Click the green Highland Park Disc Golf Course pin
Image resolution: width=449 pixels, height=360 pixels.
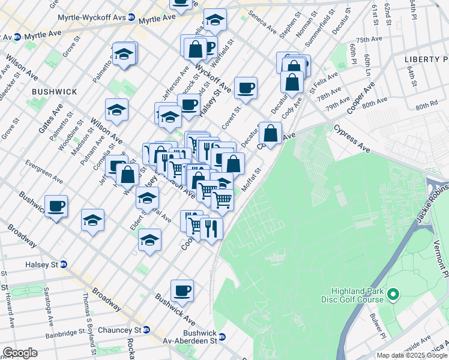click(x=393, y=294)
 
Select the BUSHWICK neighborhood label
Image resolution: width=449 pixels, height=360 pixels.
click(x=55, y=91)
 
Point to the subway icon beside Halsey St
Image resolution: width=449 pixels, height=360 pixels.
click(x=63, y=264)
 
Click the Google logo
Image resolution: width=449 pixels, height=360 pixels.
click(x=20, y=353)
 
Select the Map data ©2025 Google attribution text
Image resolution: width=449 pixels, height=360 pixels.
click(x=412, y=355)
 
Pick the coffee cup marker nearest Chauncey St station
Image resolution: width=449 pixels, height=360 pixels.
click(x=182, y=291)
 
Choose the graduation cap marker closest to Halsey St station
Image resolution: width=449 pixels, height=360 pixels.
click(x=93, y=221)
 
